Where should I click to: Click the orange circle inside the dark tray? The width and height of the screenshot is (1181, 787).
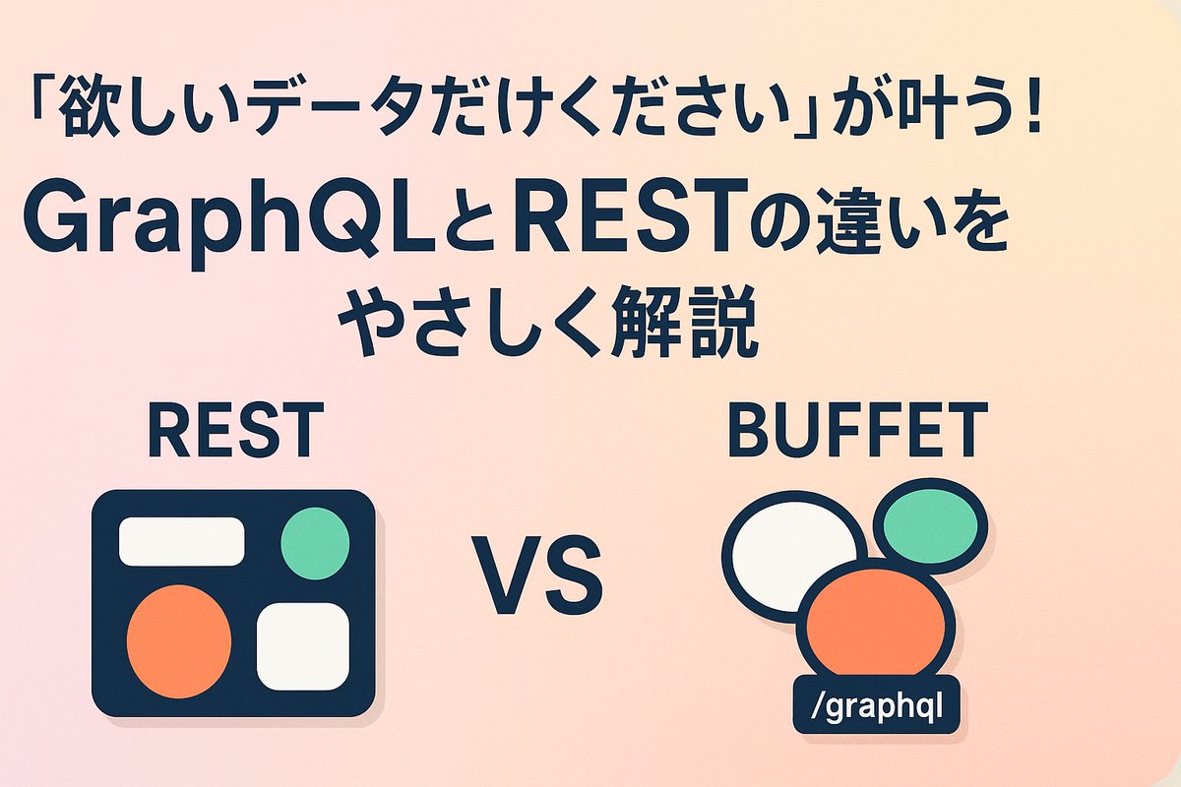[x=179, y=640]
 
